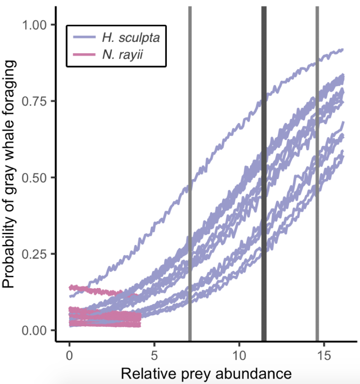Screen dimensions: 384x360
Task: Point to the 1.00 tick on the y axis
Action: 35,25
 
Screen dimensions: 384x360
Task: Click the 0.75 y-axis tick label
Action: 35,101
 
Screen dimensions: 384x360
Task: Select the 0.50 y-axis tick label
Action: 35,177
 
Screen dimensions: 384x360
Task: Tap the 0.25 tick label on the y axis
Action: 35,254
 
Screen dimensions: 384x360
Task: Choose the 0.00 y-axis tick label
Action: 35,330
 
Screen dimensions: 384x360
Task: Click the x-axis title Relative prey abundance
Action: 206,374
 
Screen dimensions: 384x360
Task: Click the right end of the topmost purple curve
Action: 342,49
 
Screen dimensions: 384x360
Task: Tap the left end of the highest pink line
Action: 70,288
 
